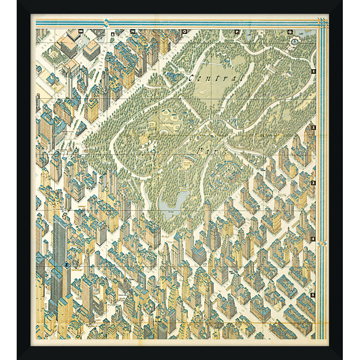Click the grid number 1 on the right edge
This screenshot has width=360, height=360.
pos(313,72)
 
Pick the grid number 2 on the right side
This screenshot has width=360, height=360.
pos(313,127)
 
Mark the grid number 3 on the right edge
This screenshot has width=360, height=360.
pos(313,183)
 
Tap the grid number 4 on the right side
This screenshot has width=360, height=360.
pos(313,239)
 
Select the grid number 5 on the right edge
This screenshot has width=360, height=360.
pos(313,295)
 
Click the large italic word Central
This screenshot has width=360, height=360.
pos(216,78)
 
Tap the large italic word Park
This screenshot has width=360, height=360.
pos(209,151)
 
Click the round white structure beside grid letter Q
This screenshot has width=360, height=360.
pos(294,42)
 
